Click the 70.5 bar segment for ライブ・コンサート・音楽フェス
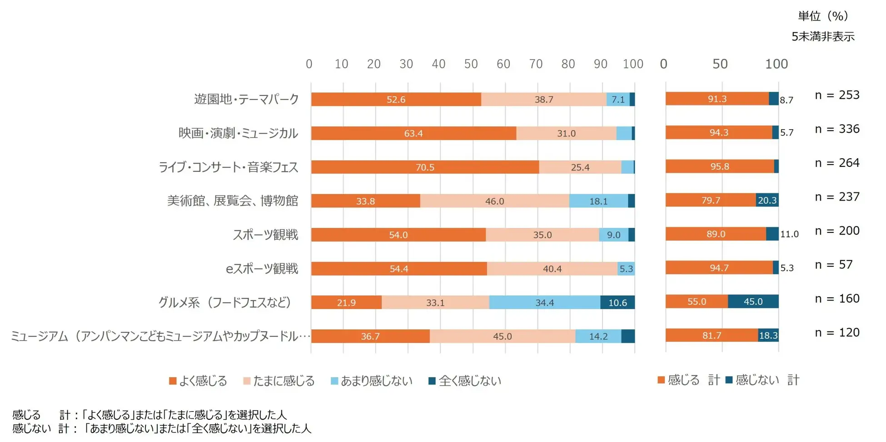pyautogui.click(x=425, y=167)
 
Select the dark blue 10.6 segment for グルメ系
pyautogui.click(x=617, y=302)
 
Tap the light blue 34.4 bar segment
pyautogui.click(x=544, y=302)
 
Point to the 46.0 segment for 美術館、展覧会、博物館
pyautogui.click(x=494, y=201)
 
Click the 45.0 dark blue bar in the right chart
pyautogui.click(x=753, y=301)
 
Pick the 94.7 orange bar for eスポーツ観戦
pyautogui.click(x=719, y=268)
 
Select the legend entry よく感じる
pyautogui.click(x=198, y=381)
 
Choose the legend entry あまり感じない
pyautogui.click(x=372, y=381)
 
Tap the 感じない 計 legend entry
pyautogui.click(x=762, y=380)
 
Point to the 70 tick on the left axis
pyautogui.click(x=536, y=64)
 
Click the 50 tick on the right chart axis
pyautogui.click(x=720, y=64)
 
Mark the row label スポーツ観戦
pyautogui.click(x=265, y=235)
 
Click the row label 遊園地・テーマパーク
pyautogui.click(x=247, y=99)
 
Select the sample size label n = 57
pyautogui.click(x=833, y=265)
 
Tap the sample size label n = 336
pyautogui.click(x=837, y=129)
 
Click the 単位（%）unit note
pyautogui.click(x=823, y=16)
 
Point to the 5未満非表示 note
pyautogui.click(x=823, y=37)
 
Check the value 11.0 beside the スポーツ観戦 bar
pyautogui.click(x=789, y=234)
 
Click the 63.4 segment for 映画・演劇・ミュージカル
pyautogui.click(x=413, y=133)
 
